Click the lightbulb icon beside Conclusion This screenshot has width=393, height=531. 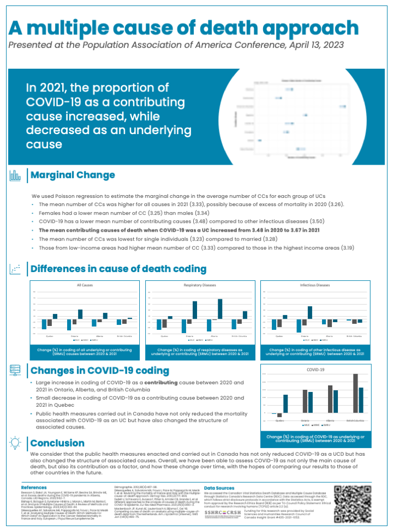pos(16,443)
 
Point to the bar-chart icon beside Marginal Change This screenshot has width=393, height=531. pos(16,175)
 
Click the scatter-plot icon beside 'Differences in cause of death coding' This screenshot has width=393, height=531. pos(16,269)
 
